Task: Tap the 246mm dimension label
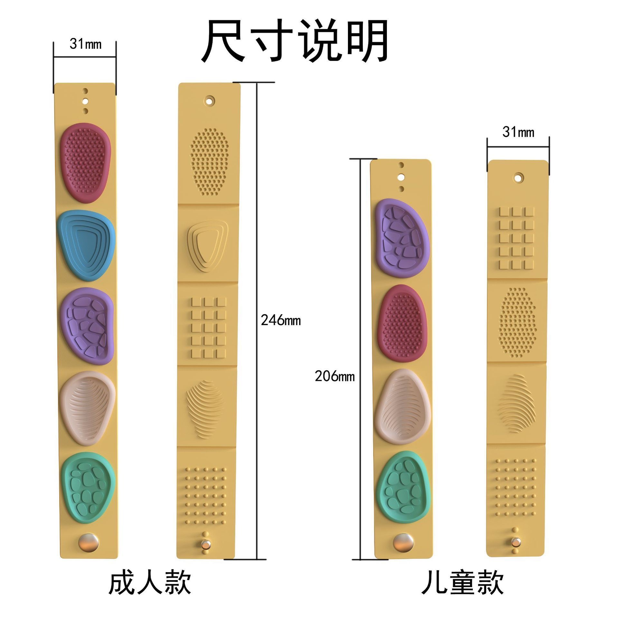(281, 320)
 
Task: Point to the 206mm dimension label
(334, 376)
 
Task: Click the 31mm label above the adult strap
(85, 44)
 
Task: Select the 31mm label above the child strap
(518, 132)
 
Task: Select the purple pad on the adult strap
(87, 325)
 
